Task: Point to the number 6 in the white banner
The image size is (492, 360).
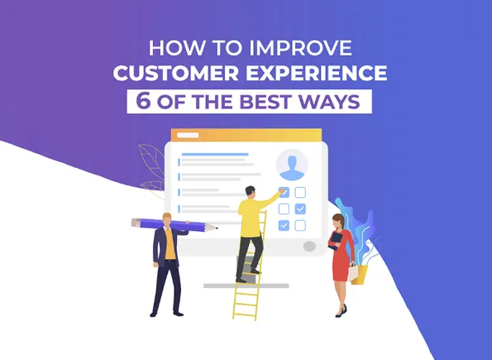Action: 137,102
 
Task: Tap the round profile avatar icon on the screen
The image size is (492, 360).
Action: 291,165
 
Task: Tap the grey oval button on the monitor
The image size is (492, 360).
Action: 309,246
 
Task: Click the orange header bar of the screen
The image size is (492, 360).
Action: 248,136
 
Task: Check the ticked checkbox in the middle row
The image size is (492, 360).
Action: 299,209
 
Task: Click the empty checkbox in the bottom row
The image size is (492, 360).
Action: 299,226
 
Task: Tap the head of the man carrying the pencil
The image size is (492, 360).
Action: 168,218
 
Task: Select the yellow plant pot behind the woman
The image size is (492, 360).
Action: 360,273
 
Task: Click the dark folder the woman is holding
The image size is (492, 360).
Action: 337,239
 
